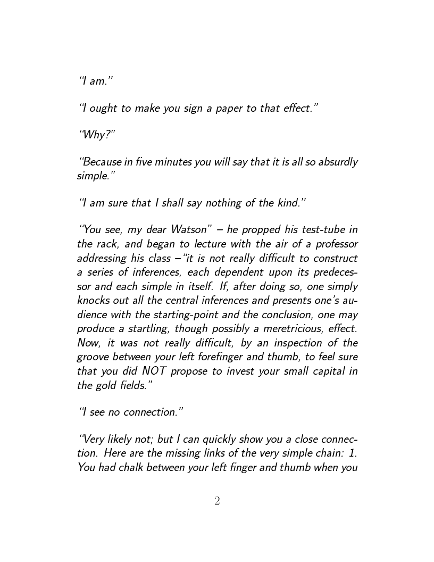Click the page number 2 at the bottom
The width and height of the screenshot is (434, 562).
(x=217, y=501)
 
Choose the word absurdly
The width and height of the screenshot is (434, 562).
(x=338, y=162)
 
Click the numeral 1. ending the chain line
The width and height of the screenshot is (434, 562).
(x=352, y=453)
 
